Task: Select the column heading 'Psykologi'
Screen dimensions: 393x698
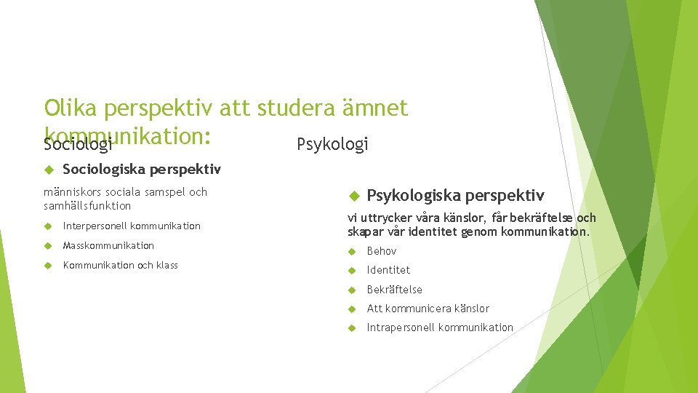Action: pos(332,144)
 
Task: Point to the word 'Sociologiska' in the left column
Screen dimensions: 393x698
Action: pos(104,170)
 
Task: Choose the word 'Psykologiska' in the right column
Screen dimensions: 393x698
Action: pos(413,195)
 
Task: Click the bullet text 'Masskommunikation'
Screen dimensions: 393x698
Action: pos(108,246)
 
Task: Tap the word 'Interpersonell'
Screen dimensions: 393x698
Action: pos(95,226)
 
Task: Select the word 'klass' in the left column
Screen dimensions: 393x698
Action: pos(167,266)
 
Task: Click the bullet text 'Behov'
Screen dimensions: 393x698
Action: pos(382,251)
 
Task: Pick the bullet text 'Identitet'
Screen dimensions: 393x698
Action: pos(388,270)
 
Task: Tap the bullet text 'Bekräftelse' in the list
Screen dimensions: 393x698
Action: pos(394,290)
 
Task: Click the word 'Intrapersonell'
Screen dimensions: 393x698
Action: pos(401,327)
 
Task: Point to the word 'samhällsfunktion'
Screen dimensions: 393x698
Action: pos(87,206)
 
